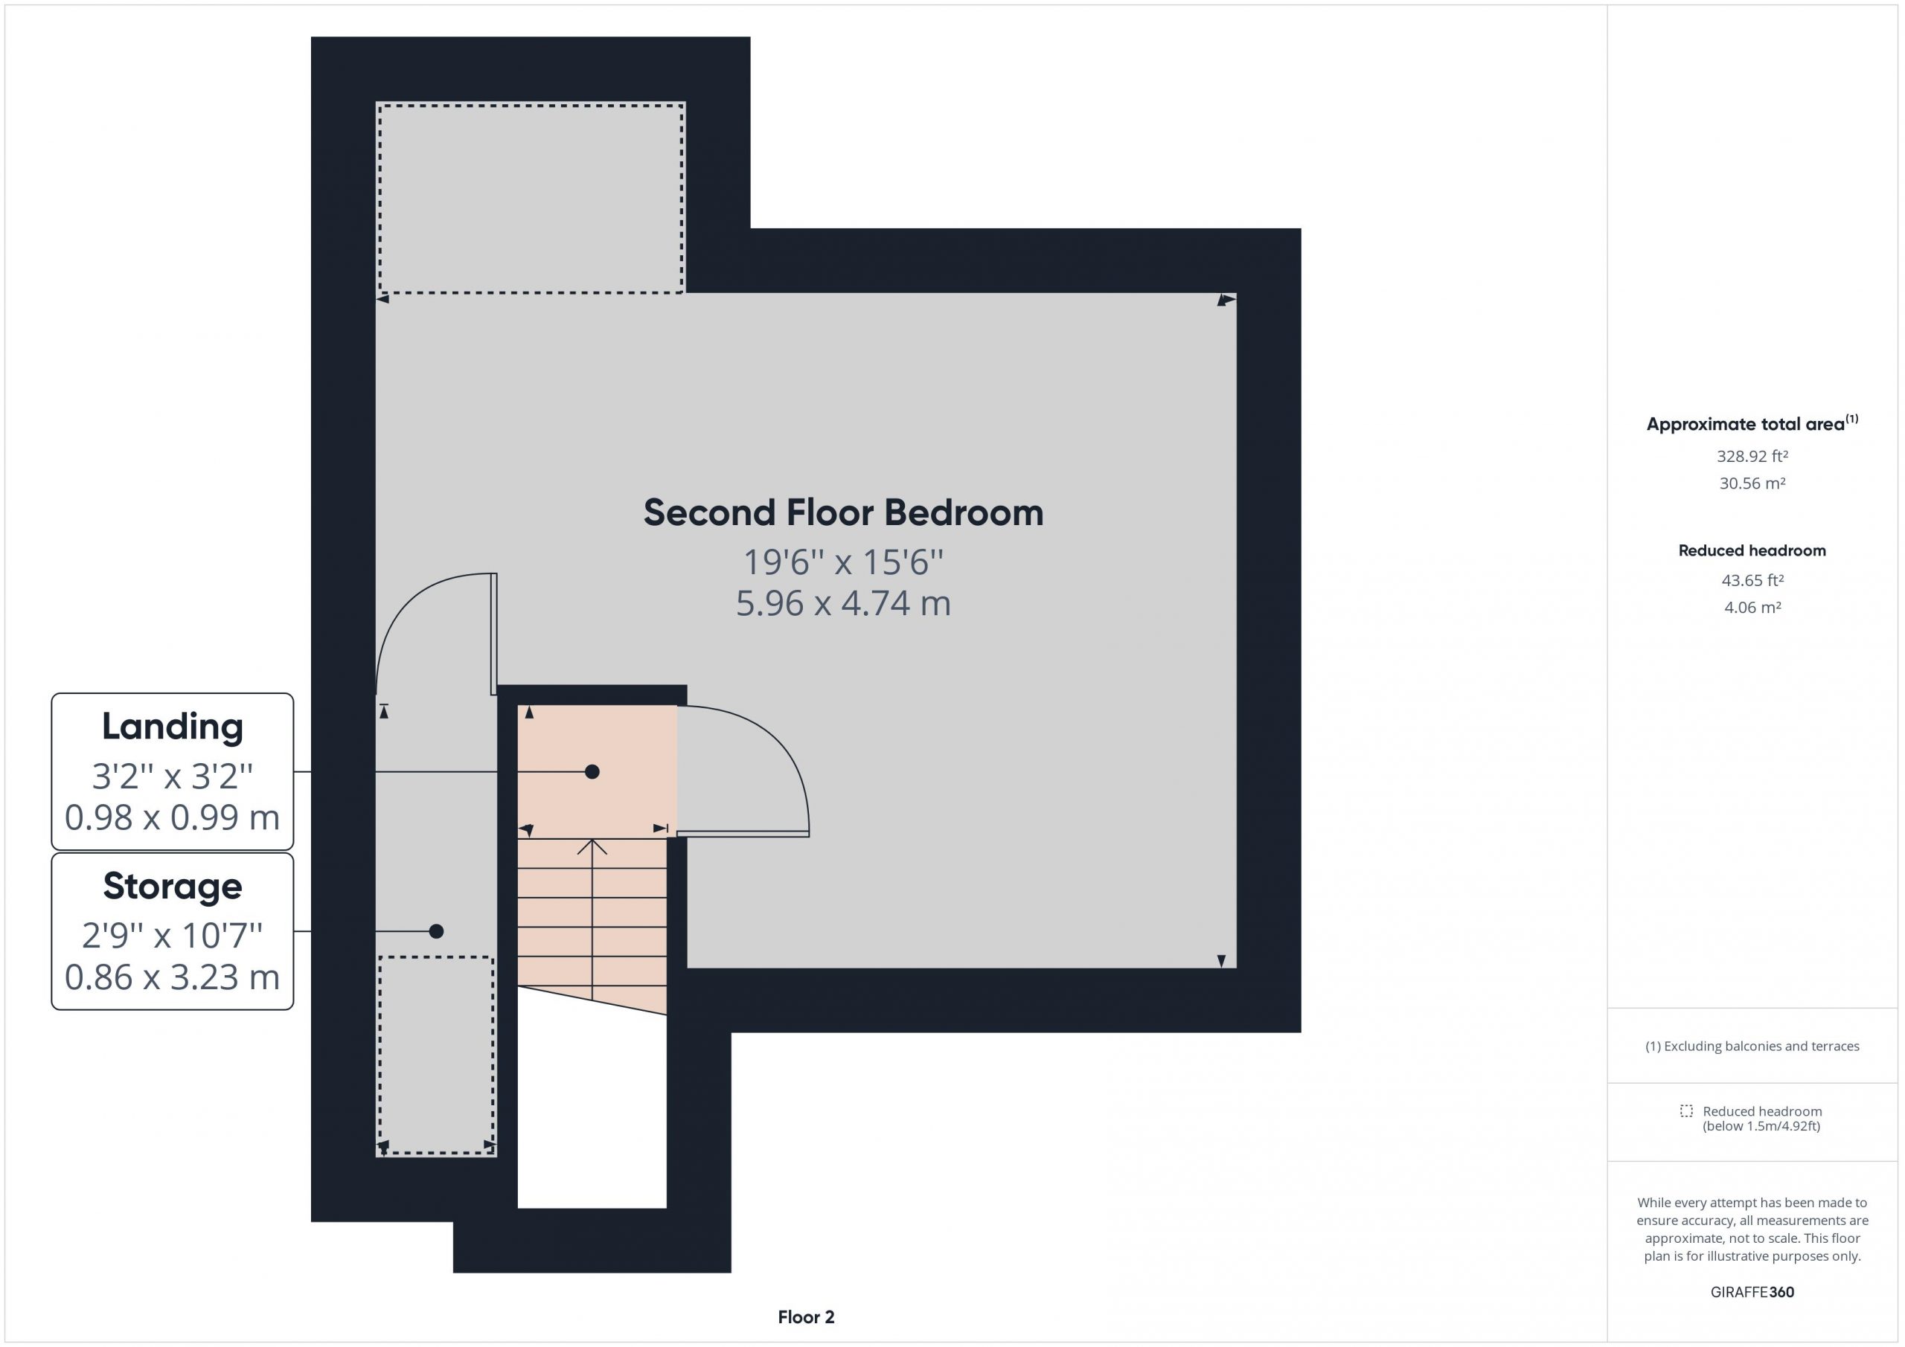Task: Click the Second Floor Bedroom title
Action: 843,512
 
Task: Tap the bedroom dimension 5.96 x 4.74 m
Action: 843,603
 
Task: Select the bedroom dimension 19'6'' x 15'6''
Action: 843,562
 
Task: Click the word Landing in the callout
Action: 173,727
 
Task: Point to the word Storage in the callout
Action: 173,886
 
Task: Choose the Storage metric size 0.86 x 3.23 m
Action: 173,977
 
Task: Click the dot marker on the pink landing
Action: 592,772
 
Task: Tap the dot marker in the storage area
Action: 436,931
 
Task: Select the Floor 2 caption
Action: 807,1317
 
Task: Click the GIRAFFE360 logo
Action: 1752,1292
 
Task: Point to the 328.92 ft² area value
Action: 1752,456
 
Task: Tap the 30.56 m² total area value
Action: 1752,483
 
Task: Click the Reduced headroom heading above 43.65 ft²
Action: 1752,550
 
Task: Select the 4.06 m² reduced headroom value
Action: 1752,607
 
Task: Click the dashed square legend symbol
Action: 1686,1110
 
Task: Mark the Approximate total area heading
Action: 1752,423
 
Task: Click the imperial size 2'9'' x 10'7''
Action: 173,936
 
